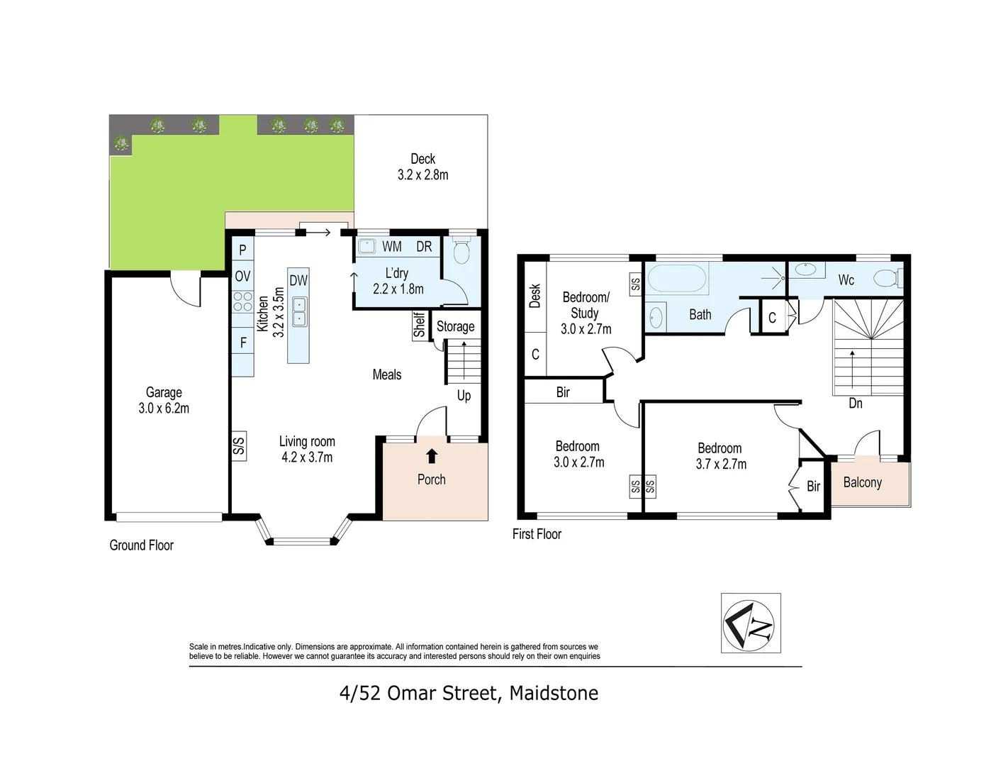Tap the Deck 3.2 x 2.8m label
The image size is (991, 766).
click(x=422, y=167)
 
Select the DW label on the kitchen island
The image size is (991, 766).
click(x=298, y=280)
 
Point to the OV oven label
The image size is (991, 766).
click(x=242, y=276)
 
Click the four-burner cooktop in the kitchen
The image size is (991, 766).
click(x=242, y=301)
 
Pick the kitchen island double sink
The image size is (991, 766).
click(x=299, y=311)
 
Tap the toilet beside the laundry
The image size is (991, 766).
click(x=462, y=250)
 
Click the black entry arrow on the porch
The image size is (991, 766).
click(x=432, y=456)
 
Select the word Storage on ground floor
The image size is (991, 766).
click(x=455, y=327)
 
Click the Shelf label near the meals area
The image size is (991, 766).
click(x=419, y=325)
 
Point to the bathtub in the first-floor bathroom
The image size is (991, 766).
click(x=677, y=278)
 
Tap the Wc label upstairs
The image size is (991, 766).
click(x=846, y=280)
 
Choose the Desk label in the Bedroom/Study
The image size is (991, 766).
click(x=535, y=296)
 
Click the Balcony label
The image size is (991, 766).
click(x=863, y=483)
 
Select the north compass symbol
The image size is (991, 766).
click(x=751, y=623)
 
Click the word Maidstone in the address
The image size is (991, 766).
click(x=554, y=693)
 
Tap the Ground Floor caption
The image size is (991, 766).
click(x=141, y=545)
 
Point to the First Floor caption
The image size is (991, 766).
click(x=537, y=534)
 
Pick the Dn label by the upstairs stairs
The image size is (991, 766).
click(x=855, y=404)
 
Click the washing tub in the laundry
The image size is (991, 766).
click(x=366, y=247)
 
